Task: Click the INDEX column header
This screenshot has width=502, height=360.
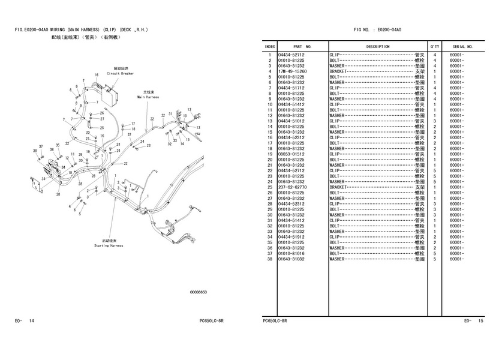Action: [x=270, y=46]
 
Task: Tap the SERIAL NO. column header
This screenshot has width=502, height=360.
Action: [x=462, y=46]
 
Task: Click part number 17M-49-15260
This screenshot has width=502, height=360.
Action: [x=294, y=71]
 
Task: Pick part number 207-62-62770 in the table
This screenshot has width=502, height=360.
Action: [x=294, y=187]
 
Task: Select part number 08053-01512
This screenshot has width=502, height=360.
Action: [x=294, y=154]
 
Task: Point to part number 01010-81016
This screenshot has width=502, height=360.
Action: [x=294, y=253]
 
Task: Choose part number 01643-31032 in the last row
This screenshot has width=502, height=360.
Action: [x=294, y=259]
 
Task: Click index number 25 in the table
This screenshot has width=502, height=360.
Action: [x=270, y=187]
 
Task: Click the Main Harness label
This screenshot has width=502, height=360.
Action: [x=148, y=97]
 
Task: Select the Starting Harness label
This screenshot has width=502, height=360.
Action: [x=109, y=245]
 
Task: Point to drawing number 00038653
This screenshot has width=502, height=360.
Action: [x=198, y=292]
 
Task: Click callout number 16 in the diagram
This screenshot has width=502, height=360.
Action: [x=96, y=75]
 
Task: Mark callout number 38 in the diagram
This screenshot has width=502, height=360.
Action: [x=35, y=151]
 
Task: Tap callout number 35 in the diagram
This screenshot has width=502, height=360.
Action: [x=58, y=145]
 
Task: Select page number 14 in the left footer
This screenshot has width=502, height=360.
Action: [x=32, y=321]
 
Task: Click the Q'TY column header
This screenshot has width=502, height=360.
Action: [x=434, y=46]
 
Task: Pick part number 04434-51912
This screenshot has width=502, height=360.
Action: [x=294, y=236]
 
